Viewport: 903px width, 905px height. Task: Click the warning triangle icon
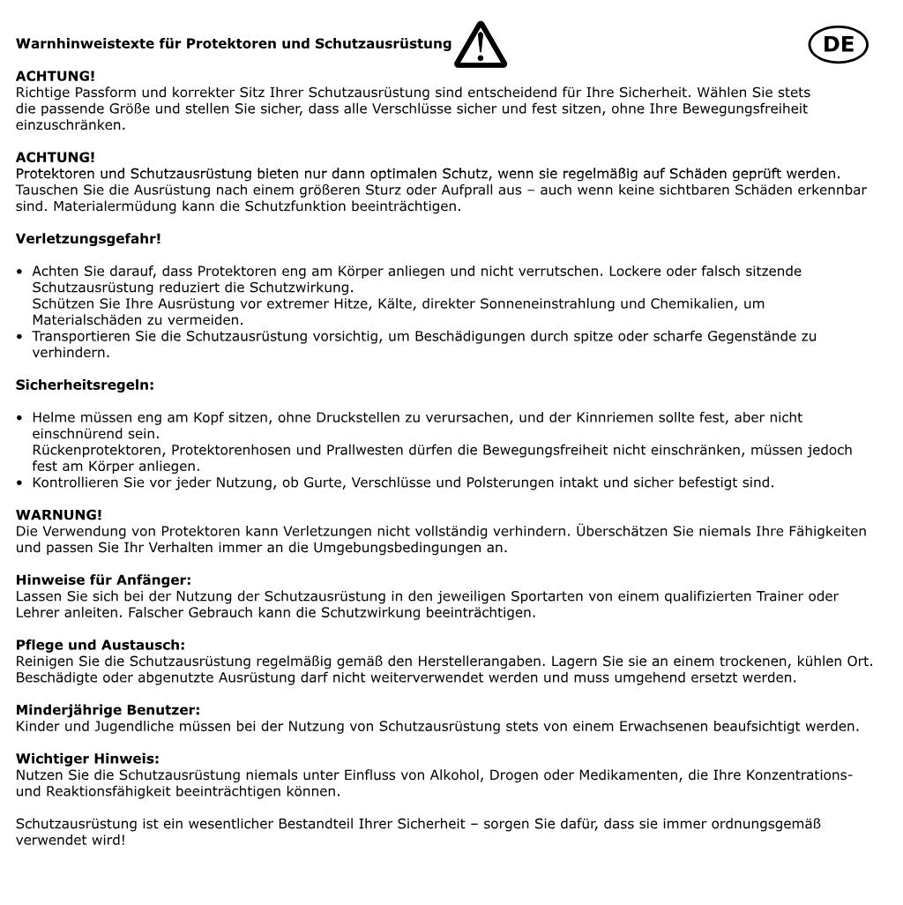481,46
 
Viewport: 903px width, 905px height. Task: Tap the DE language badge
838,44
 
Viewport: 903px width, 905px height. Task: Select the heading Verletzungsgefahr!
88,238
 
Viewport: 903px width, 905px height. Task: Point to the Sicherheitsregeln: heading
85,385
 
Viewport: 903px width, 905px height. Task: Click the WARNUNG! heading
59,514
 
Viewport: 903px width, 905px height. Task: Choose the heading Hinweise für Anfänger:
103,580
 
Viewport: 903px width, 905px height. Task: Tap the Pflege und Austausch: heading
101,645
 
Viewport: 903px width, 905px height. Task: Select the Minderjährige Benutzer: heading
108,709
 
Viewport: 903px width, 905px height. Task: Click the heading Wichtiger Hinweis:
87,758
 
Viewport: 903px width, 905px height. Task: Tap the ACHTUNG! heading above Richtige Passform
56,76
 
